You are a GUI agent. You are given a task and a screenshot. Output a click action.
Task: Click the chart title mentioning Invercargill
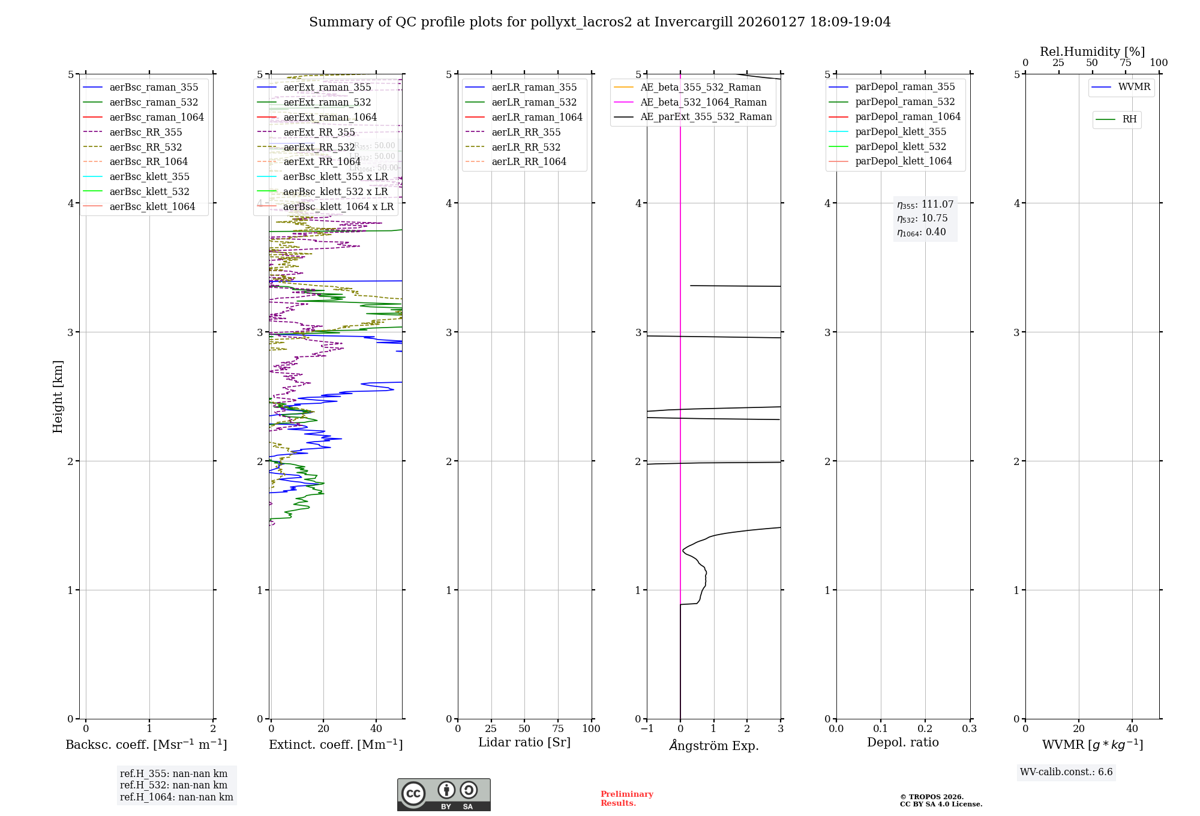coord(599,22)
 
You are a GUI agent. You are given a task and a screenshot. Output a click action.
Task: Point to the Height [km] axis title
coord(58,396)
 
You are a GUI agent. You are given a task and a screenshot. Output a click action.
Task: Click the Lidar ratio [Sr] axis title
coord(524,743)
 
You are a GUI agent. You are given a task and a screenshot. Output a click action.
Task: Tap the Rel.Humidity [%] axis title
coord(1092,52)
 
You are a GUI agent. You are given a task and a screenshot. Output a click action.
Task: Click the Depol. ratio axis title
coord(902,743)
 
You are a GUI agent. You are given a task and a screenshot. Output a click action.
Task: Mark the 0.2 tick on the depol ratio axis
coord(925,729)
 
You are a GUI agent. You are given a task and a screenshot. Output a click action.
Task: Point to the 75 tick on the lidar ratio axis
coord(558,729)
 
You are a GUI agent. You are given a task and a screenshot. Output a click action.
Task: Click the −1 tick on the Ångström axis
coord(647,729)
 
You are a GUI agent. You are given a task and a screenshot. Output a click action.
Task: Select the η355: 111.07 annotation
coord(925,205)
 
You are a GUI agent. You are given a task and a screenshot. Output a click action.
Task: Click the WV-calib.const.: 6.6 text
coord(1066,772)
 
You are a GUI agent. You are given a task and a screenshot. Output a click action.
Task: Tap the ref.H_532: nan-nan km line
coord(173,785)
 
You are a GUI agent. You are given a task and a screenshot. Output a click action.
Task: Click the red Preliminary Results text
coord(626,799)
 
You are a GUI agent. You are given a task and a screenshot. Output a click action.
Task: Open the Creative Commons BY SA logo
coord(443,795)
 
